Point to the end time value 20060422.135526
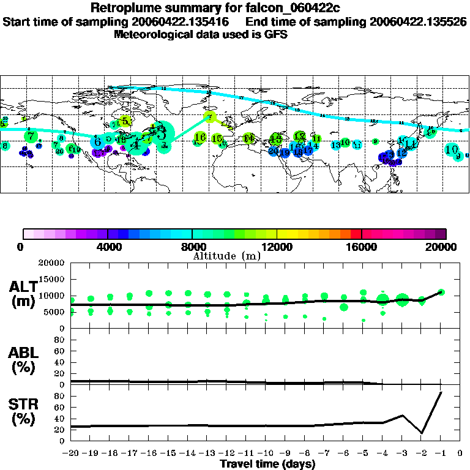[x=419, y=21]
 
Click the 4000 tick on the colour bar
[x=107, y=247]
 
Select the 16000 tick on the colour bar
[x=361, y=247]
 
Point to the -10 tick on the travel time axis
[x=265, y=454]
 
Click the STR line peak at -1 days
[x=441, y=392]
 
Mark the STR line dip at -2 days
[x=422, y=433]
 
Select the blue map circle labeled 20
[x=274, y=151]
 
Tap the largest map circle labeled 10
[x=452, y=149]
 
